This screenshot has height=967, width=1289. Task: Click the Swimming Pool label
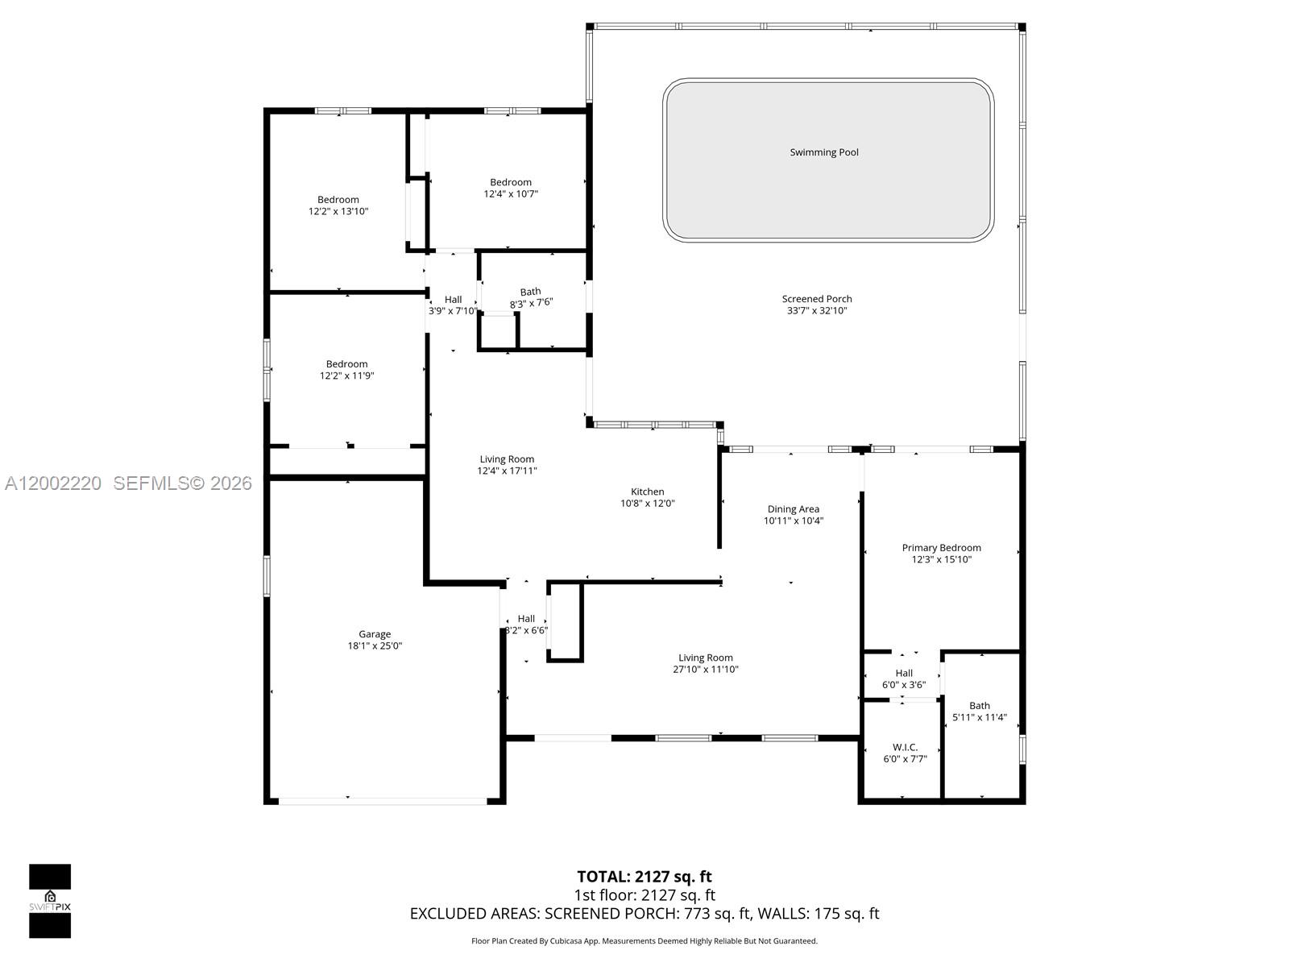(823, 152)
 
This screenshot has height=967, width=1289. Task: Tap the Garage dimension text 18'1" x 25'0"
(375, 646)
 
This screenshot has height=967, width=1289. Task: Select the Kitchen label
(647, 492)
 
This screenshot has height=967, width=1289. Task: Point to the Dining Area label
(793, 509)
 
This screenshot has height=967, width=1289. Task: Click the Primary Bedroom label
(941, 548)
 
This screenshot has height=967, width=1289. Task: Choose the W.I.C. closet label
(905, 748)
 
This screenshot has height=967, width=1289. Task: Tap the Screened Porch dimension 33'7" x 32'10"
(816, 311)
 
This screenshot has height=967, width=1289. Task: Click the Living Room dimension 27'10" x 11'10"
(705, 670)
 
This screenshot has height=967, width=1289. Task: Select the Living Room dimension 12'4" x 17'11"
(507, 471)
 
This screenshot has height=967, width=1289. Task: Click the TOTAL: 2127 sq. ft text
(644, 877)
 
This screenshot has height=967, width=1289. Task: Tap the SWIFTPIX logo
(50, 901)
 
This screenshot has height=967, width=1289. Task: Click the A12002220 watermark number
(53, 483)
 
